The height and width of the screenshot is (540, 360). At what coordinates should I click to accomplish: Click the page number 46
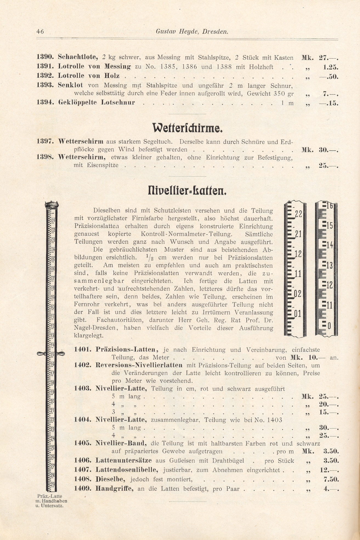pos(40,31)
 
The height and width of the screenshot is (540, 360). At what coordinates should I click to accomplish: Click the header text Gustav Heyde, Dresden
pos(192,32)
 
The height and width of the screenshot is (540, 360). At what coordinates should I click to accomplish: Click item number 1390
pos(46,58)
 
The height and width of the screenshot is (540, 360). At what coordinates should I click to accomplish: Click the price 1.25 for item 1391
pos(331,67)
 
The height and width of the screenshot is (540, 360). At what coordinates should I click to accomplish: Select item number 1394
pos(46,103)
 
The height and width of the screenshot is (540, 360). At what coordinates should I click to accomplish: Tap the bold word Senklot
pos(71,85)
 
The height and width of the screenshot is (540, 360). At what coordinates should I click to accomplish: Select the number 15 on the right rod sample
pos(329,226)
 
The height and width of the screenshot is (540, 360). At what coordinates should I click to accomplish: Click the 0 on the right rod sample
pos(329,326)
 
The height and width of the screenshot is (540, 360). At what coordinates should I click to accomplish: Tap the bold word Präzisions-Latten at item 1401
pos(126,350)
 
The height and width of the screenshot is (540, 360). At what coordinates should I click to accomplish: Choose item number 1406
pos(82,461)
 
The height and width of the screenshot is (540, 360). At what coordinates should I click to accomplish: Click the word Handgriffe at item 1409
pos(114,489)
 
